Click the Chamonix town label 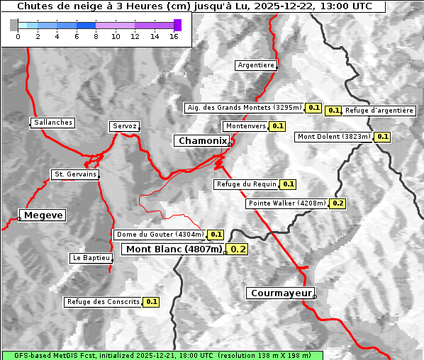coord(203,141)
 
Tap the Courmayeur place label coord(280,293)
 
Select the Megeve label coord(43,215)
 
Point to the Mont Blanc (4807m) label coord(174,249)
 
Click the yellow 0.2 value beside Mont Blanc coord(238,249)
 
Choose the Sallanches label coord(53,123)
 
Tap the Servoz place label coord(124,126)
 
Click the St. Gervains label coord(75,174)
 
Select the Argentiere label coord(256,65)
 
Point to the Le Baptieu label coord(91,258)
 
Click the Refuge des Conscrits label coord(103,302)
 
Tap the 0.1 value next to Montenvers coord(278,126)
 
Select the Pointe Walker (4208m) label coord(287,203)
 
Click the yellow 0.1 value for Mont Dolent coord(383,137)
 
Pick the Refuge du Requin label coord(246,184)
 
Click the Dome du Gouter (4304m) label coord(160,235)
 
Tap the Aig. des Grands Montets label coord(244,108)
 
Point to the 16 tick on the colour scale coord(174,36)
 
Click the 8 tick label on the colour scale coord(96,36)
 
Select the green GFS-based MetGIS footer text coord(162,355)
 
